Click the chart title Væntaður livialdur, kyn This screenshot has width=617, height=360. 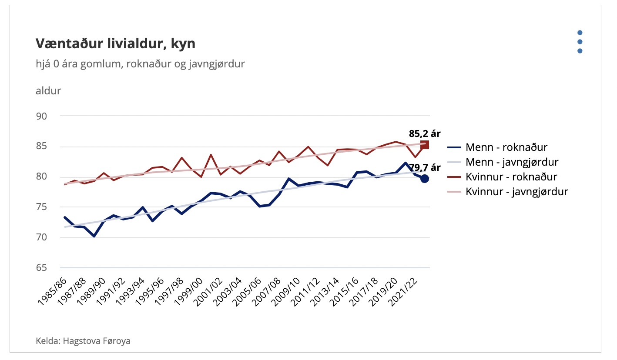[115, 44]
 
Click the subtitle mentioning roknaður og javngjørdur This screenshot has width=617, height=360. [140, 64]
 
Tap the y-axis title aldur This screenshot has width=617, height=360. [48, 91]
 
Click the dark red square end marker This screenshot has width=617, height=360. [424, 145]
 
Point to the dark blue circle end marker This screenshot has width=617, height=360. [424, 178]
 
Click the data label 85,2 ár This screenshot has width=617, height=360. [425, 133]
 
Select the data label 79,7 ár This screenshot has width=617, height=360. [425, 167]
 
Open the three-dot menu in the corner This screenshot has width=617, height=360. [580, 42]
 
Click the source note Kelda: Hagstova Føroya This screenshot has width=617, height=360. [83, 341]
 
